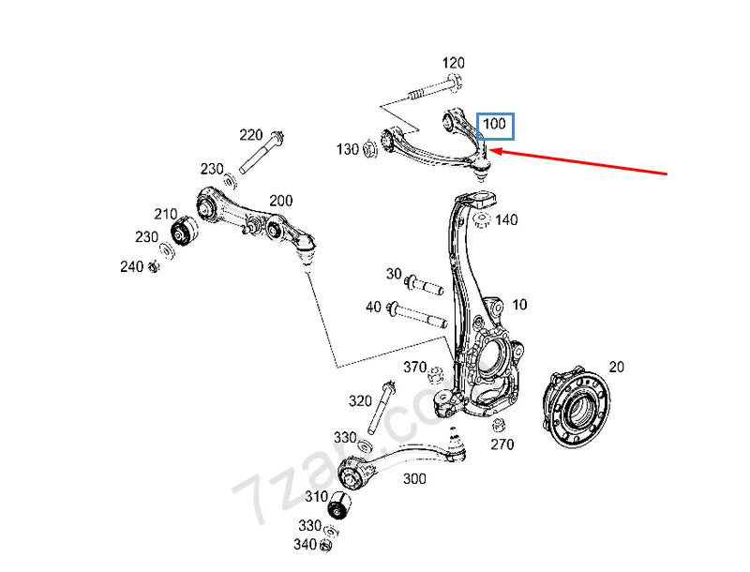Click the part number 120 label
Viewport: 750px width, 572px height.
pyautogui.click(x=453, y=64)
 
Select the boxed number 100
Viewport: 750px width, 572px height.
pyautogui.click(x=493, y=125)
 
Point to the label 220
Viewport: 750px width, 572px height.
pyautogui.click(x=251, y=134)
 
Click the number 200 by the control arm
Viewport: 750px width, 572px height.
pyautogui.click(x=280, y=201)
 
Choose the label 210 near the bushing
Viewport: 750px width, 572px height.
pyautogui.click(x=166, y=214)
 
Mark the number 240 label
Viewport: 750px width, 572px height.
pyautogui.click(x=131, y=266)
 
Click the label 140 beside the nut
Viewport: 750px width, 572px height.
pyautogui.click(x=506, y=220)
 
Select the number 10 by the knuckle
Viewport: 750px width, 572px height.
pyautogui.click(x=519, y=305)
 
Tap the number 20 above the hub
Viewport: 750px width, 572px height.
pyautogui.click(x=616, y=367)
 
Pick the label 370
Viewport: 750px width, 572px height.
pyautogui.click(x=414, y=367)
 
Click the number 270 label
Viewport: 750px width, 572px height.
pyautogui.click(x=502, y=444)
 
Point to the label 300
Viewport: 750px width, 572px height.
pyautogui.click(x=414, y=478)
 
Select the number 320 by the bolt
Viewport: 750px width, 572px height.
pyautogui.click(x=360, y=401)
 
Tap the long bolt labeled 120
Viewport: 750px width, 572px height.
pyautogui.click(x=431, y=92)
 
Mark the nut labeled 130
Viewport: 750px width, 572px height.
pyautogui.click(x=369, y=147)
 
